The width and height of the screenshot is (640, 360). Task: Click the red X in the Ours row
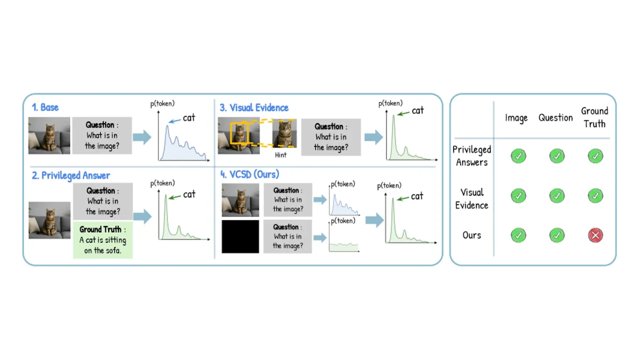[x=595, y=235]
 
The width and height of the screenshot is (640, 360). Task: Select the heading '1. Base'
[x=45, y=107]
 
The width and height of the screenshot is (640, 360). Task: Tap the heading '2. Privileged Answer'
[x=71, y=175]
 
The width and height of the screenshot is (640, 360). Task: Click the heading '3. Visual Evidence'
[x=254, y=108]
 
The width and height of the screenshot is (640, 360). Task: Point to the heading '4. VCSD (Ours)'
[x=250, y=174]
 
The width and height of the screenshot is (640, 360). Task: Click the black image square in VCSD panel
[x=241, y=237]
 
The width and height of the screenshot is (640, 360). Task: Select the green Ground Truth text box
[x=103, y=240]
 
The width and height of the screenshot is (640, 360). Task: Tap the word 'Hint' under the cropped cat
[x=281, y=155]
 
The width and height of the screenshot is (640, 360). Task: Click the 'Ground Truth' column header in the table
[x=595, y=117]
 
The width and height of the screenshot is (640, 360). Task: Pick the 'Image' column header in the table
[x=516, y=118]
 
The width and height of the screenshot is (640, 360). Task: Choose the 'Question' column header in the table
[x=555, y=118]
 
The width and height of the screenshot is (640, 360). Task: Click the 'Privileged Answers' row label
[x=471, y=156]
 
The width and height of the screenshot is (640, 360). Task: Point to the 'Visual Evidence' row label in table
[x=471, y=198]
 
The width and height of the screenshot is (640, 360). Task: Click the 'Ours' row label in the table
[x=471, y=235]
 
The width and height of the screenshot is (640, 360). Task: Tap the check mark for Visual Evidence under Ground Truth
[x=595, y=196]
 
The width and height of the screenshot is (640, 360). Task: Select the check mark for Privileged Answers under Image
[x=518, y=156]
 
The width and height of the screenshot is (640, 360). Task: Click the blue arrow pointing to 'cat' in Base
[x=174, y=121]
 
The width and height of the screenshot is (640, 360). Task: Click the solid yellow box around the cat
[x=239, y=133]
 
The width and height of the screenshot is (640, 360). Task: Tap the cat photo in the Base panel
[x=49, y=135]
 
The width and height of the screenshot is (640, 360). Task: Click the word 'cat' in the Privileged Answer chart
[x=189, y=194]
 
